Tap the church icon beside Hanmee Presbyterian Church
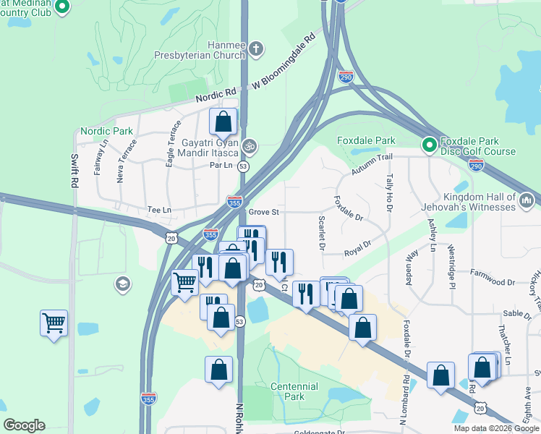pos(256,49)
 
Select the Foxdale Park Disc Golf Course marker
pos(429,145)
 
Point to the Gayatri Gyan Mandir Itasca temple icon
pos(249,145)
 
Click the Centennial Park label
pos(294,391)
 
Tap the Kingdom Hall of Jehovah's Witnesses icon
pos(527,198)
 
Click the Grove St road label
pos(263,213)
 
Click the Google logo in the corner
pos(24,425)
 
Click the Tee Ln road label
pos(158,210)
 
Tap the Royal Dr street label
pos(357,248)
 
